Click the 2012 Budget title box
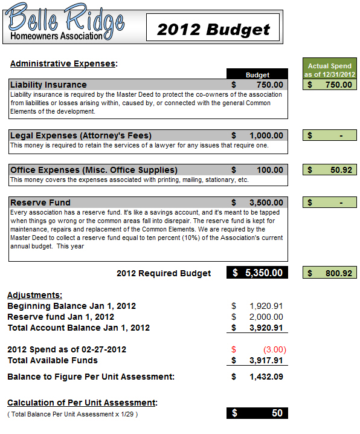click(x=213, y=28)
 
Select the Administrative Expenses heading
click(x=63, y=63)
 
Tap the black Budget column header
click(x=257, y=74)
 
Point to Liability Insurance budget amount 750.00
click(x=269, y=85)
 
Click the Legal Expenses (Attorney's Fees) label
click(x=81, y=135)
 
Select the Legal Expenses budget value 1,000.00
click(x=266, y=135)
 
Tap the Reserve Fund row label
click(x=40, y=202)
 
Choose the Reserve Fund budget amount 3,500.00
click(x=266, y=202)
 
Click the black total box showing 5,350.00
click(x=257, y=273)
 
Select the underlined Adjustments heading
click(x=34, y=295)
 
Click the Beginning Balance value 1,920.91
click(x=266, y=306)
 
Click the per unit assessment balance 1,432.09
click(x=266, y=377)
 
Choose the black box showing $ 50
click(x=257, y=413)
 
